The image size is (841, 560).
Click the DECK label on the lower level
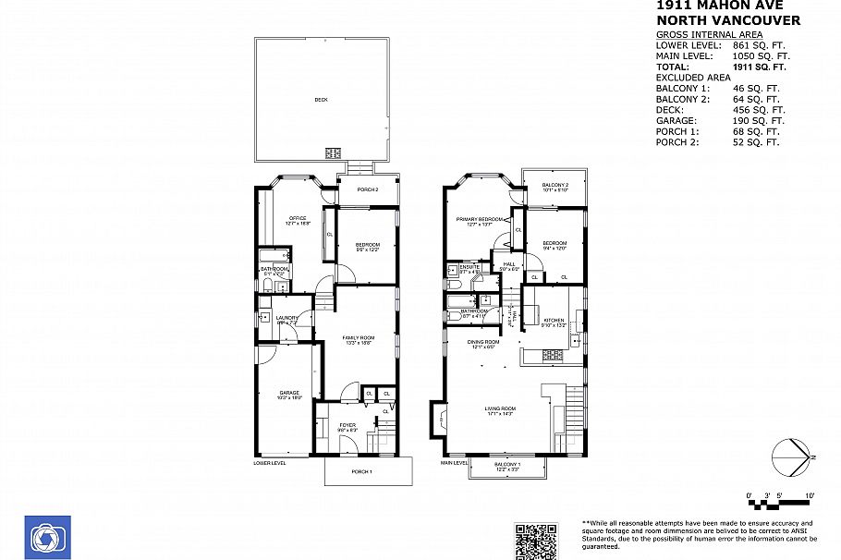(321, 100)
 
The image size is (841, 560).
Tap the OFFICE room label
(298, 219)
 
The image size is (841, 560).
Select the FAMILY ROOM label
(358, 338)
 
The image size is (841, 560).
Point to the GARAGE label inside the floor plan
(290, 394)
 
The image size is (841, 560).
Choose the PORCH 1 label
(361, 472)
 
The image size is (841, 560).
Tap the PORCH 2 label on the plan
(369, 190)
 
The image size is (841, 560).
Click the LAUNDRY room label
(286, 319)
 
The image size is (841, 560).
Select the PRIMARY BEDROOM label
(479, 219)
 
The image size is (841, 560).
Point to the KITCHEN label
(554, 321)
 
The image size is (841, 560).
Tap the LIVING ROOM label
(500, 408)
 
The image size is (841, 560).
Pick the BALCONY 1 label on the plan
(506, 464)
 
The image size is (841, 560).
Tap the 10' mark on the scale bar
(810, 496)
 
